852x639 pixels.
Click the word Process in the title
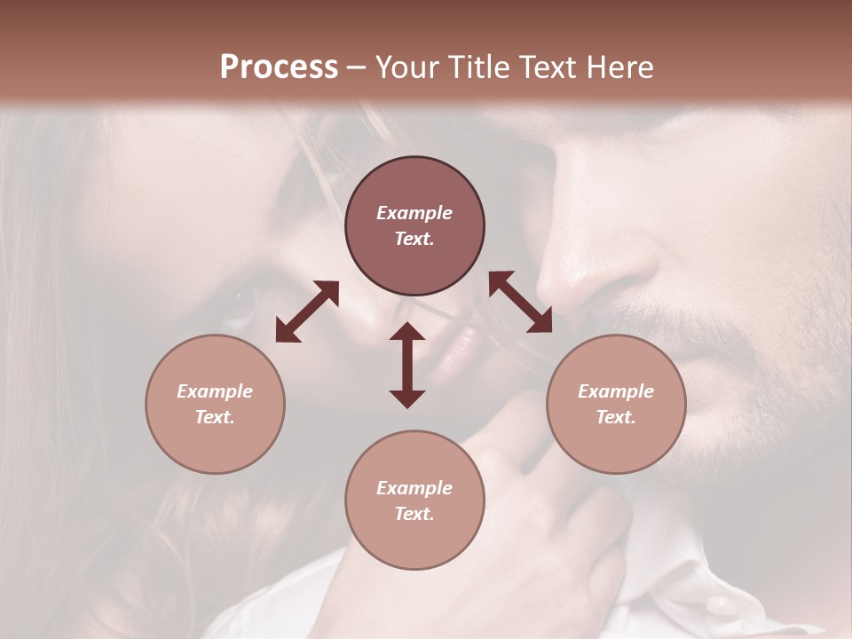tap(279, 67)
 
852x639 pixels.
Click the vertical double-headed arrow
tap(407, 365)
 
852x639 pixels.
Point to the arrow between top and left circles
tap(307, 312)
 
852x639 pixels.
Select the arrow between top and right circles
tap(521, 302)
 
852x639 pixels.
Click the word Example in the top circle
tap(414, 213)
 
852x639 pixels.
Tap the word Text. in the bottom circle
tap(414, 514)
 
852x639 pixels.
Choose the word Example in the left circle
tap(215, 391)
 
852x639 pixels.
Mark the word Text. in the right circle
tap(616, 417)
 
